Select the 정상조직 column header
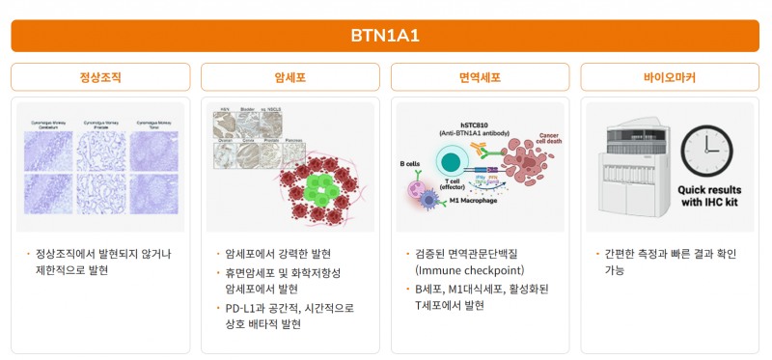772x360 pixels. (100, 77)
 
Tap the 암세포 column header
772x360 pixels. (290, 77)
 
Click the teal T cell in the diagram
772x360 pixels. (450, 164)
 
